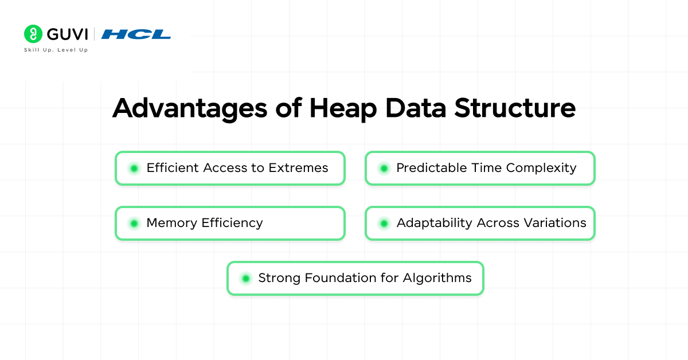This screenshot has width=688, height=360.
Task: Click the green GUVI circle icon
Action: [33, 34]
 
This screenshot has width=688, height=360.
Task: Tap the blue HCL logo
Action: [136, 34]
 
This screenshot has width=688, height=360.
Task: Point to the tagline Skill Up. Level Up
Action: [56, 50]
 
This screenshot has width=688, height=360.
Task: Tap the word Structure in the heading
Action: [515, 108]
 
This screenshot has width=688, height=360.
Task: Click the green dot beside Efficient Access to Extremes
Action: [134, 169]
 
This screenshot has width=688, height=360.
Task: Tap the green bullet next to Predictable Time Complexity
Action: [384, 169]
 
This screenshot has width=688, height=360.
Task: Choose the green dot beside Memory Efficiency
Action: [134, 224]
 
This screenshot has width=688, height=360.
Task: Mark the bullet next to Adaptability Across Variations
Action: [384, 224]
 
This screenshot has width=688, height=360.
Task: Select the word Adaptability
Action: [433, 223]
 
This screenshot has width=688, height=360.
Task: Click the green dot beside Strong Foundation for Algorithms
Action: [246, 279]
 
